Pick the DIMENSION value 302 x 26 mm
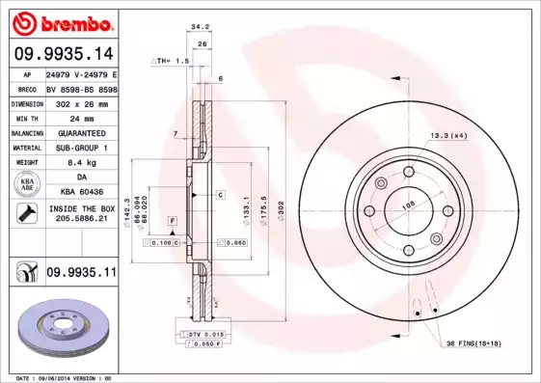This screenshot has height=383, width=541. [x=81, y=102]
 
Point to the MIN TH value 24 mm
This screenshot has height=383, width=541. [x=80, y=117]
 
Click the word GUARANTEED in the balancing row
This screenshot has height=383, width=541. [x=81, y=132]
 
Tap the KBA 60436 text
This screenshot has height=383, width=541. [x=81, y=192]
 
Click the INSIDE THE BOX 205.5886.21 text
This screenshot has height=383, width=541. [x=81, y=213]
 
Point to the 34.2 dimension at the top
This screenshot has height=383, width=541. [x=201, y=29]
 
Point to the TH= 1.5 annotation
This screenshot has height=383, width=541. [x=172, y=60]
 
